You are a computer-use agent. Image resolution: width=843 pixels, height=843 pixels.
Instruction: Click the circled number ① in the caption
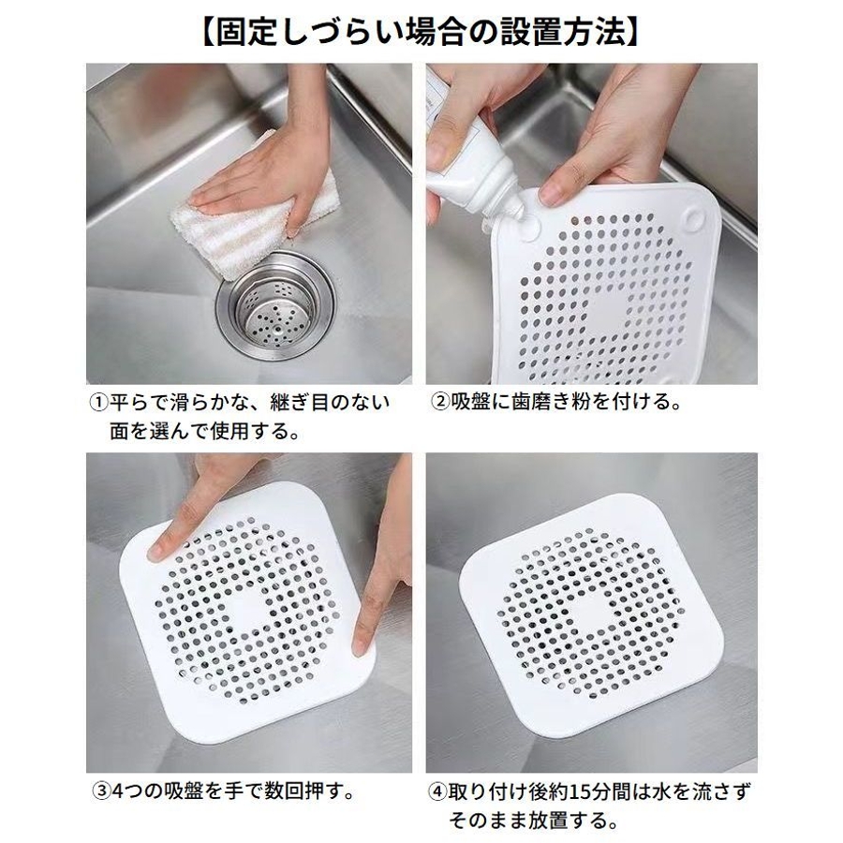coord(99,402)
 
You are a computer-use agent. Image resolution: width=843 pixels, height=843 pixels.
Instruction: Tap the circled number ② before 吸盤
coord(440,402)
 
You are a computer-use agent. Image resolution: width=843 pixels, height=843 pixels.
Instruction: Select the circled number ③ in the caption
coord(101,791)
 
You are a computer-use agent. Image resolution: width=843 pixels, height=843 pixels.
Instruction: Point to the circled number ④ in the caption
coord(437,791)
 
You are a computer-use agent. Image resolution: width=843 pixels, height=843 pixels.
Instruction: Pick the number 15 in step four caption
coord(581,791)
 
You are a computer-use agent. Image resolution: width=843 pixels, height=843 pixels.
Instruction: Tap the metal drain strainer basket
coord(275,310)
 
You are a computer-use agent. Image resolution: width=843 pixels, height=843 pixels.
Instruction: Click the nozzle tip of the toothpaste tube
coord(518,214)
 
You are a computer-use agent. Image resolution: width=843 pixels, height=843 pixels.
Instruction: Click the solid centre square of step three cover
coord(248,610)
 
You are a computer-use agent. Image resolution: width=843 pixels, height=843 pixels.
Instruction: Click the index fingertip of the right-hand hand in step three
coord(362,646)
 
